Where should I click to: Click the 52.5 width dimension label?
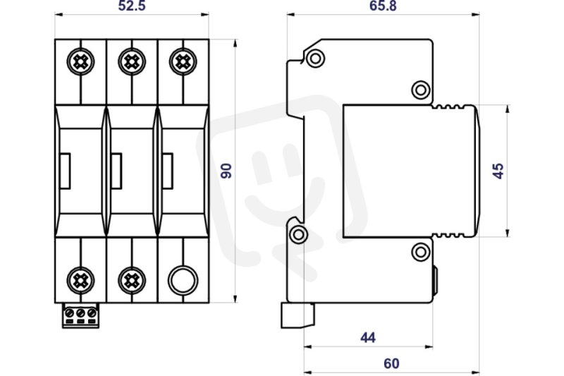click(132, 6)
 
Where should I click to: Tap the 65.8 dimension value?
click(383, 6)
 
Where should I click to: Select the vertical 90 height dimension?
click(226, 171)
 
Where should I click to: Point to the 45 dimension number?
click(498, 171)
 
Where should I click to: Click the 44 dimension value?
click(368, 337)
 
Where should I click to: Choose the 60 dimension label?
click(391, 364)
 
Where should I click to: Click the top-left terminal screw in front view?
click(80, 62)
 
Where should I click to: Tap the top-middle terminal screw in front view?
click(132, 62)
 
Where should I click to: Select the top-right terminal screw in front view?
click(183, 62)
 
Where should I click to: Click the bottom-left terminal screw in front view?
click(80, 280)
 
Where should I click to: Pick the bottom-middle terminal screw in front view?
click(132, 280)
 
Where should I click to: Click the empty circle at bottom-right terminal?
click(183, 280)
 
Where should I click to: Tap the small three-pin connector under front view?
click(80, 315)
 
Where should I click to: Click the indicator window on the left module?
click(65, 171)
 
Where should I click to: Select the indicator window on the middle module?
click(116, 171)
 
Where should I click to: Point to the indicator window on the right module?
click(168, 171)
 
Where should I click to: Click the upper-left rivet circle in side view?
click(315, 59)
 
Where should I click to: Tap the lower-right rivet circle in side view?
click(421, 252)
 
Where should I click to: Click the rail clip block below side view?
click(298, 315)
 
